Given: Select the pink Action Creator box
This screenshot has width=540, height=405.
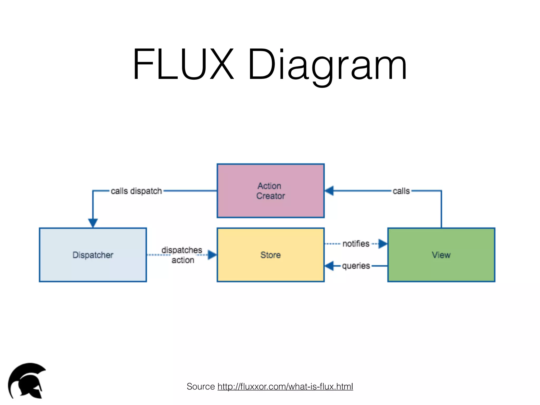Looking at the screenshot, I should (271, 206).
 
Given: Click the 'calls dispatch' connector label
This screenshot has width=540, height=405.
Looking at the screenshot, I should (136, 191).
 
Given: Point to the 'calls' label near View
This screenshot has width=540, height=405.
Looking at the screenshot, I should (401, 191).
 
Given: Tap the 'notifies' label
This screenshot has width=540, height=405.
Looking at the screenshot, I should (356, 244).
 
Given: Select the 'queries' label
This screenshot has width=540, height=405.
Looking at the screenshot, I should (356, 266).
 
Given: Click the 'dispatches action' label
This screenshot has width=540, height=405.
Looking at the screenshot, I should (182, 255).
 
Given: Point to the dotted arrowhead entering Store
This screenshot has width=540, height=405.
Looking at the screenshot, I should (212, 255).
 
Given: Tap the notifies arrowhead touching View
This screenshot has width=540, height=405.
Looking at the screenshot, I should (383, 244).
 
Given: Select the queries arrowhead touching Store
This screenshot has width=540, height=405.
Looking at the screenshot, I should (329, 266).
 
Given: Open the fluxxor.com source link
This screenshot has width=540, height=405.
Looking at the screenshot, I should (285, 387).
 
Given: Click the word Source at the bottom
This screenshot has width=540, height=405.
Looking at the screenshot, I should (201, 387).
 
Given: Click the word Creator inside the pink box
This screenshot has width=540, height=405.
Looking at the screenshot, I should (271, 196).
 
